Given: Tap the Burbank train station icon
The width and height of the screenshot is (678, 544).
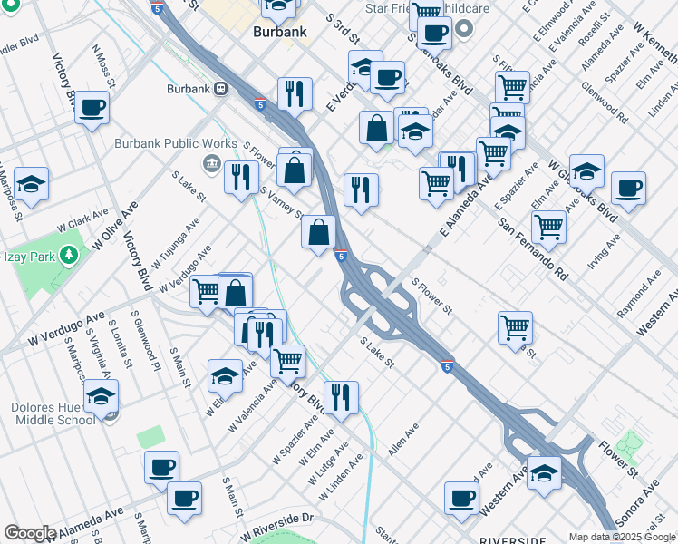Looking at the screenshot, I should pyautogui.click(x=220, y=90).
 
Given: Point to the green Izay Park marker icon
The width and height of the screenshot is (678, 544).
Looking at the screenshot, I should pyautogui.click(x=67, y=255).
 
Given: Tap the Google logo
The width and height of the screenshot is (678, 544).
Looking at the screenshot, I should pyautogui.click(x=29, y=533).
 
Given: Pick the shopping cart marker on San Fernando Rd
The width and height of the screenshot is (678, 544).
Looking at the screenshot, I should pyautogui.click(x=548, y=227).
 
